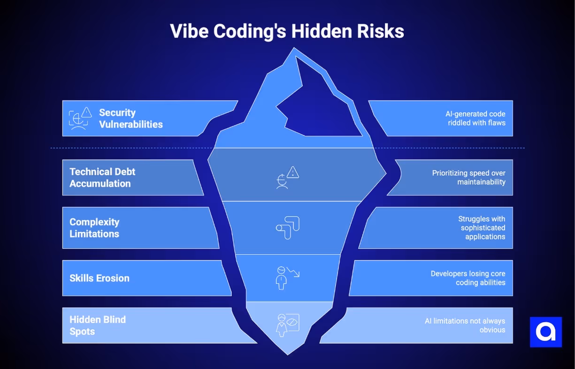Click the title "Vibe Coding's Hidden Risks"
(287, 31)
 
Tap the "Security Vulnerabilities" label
(130, 119)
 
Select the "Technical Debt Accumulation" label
(102, 178)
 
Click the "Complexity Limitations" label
(94, 228)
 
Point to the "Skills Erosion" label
(99, 278)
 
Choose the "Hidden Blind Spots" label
(98, 325)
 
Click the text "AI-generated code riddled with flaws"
(476, 118)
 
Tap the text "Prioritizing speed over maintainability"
(468, 177)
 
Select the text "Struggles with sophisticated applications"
(482, 227)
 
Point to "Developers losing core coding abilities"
(468, 278)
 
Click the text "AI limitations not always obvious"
(465, 325)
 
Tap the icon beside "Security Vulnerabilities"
(80, 118)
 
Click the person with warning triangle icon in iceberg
(287, 177)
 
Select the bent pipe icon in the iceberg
(288, 228)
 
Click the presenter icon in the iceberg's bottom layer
(287, 325)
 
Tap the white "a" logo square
(545, 332)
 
